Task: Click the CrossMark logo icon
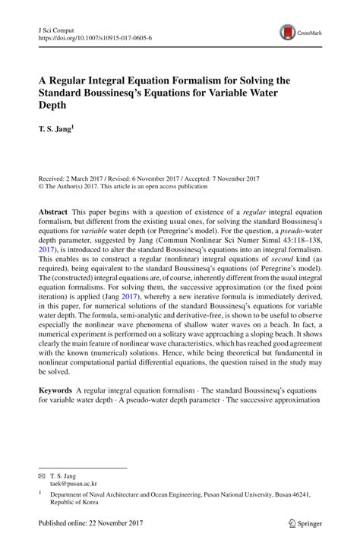click(288, 31)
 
